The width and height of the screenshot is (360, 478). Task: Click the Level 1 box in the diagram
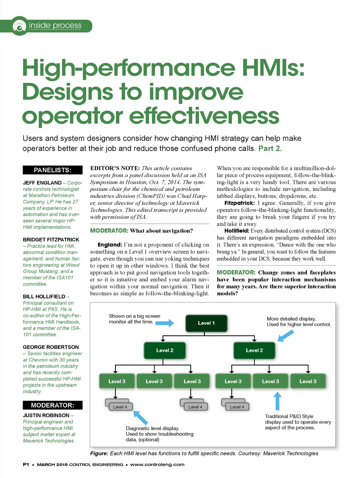tap(206, 323)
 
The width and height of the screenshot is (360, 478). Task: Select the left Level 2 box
tap(165, 350)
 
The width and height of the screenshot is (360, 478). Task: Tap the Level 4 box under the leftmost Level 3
tap(118, 407)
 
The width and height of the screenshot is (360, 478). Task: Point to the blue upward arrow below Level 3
tap(277, 401)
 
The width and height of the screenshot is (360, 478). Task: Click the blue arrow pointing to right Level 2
tap(285, 336)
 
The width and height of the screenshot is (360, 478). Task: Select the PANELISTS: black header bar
tap(52, 170)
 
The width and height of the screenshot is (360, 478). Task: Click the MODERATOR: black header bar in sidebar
tap(52, 405)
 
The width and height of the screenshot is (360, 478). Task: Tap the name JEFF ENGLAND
tap(42, 183)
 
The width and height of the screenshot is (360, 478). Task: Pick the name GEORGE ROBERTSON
tap(51, 347)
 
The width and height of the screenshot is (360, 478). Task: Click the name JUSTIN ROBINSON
tap(46, 415)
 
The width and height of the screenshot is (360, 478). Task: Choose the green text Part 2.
tap(270, 148)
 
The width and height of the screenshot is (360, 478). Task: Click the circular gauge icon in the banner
tap(19, 26)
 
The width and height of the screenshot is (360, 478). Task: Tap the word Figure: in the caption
tap(99, 453)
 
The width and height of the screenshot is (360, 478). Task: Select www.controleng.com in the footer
tap(157, 465)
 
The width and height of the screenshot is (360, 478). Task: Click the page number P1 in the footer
tap(26, 465)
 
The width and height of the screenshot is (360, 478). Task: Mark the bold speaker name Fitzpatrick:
tap(239, 203)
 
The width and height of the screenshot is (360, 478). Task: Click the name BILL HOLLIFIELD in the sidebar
tap(44, 297)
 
